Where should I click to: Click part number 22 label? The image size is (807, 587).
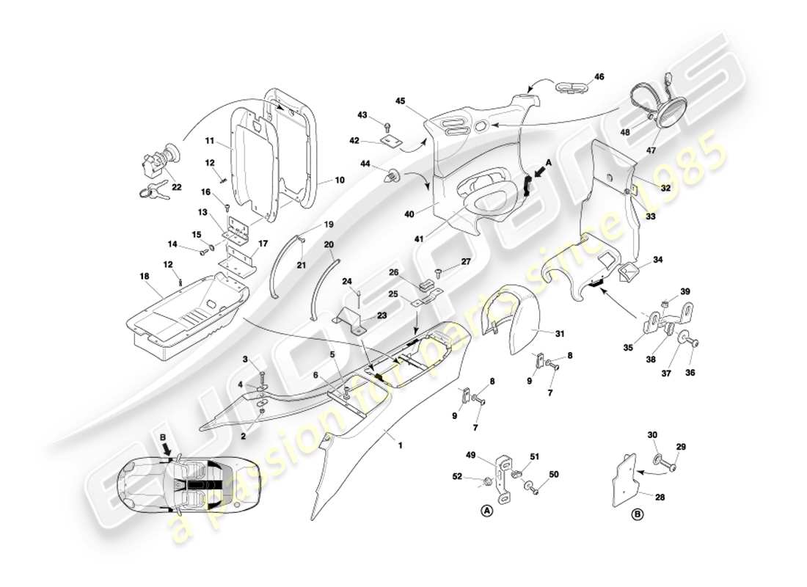click(177, 187)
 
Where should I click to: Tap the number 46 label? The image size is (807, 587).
click(599, 76)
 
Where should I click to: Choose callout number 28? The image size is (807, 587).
click(660, 497)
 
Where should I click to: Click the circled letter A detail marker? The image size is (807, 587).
click(485, 510)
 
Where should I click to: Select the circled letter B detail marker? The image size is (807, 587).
click(638, 515)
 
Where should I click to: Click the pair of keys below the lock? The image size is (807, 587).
click(151, 192)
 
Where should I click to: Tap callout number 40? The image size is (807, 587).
click(409, 214)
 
